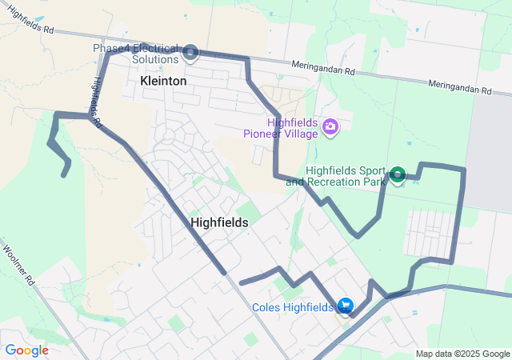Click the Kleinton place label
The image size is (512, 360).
[162, 81]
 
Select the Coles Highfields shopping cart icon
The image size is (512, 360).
[346, 306]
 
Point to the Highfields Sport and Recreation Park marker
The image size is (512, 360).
[398, 174]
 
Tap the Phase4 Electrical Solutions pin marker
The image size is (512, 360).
[191, 53]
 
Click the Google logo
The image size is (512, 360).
[26, 350]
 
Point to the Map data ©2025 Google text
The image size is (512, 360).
[462, 354]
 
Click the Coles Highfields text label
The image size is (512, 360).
[292, 307]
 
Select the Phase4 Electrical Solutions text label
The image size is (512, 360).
[134, 54]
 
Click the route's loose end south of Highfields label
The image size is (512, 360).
[241, 282]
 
